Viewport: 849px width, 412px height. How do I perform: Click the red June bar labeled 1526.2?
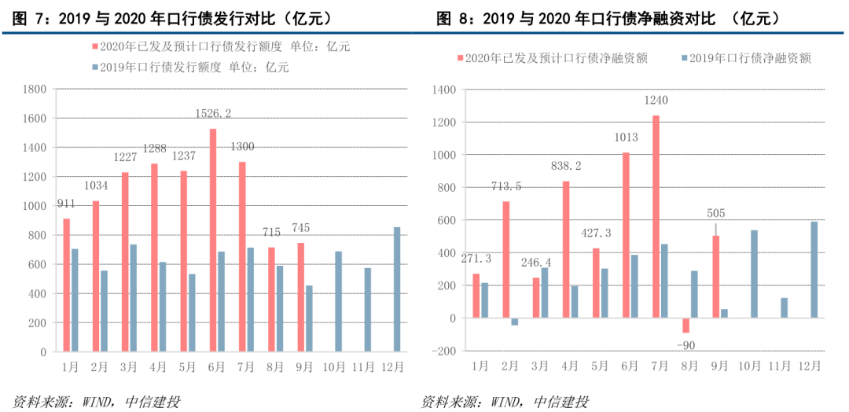click(x=213, y=240)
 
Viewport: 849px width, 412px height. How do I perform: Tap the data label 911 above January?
click(x=67, y=204)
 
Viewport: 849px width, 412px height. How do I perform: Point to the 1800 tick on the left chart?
click(x=35, y=90)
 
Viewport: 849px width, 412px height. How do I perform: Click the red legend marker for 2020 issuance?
click(x=95, y=47)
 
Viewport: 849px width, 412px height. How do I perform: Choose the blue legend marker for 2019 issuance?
click(x=95, y=68)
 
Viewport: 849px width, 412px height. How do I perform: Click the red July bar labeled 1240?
click(x=656, y=217)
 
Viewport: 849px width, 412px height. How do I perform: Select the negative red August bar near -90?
click(x=685, y=326)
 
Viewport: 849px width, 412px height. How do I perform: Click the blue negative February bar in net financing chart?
click(x=515, y=322)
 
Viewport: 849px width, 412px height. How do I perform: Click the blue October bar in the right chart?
click(x=755, y=274)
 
